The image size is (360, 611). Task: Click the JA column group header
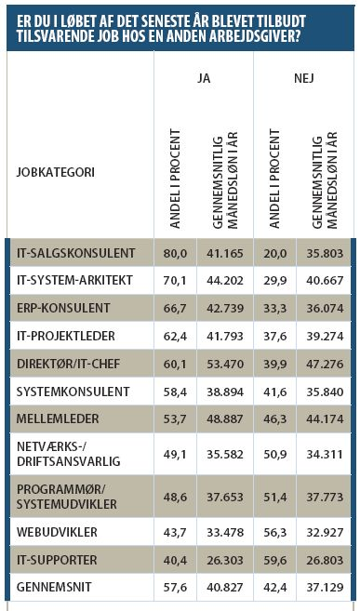[204, 78]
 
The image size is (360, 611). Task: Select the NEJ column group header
[304, 78]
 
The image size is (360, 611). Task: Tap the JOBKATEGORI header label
[55, 172]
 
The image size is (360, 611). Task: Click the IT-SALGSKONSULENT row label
[76, 253]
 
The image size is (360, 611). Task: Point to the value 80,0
[175, 253]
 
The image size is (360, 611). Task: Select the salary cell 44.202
[225, 281]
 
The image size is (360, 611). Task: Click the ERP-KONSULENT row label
[63, 308]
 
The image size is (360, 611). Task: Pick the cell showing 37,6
[275, 336]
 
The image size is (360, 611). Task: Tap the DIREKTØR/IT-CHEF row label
[69, 364]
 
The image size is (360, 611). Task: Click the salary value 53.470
[225, 364]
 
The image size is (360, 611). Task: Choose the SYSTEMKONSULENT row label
[73, 392]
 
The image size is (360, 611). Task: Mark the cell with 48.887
[225, 418]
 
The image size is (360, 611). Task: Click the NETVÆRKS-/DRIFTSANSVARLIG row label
[69, 454]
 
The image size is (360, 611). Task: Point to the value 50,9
[275, 455]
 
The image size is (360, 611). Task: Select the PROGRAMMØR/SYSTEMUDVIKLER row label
[67, 497]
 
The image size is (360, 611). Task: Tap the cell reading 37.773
[325, 498]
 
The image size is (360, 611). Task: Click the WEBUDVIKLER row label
[57, 532]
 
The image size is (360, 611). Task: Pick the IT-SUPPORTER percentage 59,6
[275, 561]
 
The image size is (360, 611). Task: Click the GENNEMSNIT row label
[55, 587]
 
